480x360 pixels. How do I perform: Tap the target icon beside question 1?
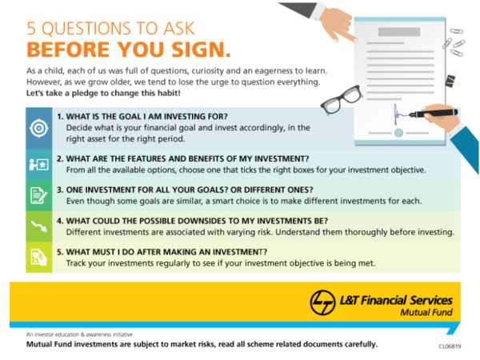coord(38,128)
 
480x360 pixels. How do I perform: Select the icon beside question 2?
coord(38,164)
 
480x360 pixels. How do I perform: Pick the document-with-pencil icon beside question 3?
coord(38,194)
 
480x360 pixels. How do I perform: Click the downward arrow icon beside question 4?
coord(38,226)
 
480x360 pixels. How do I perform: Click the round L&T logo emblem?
coord(322,302)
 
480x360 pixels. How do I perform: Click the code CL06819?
coord(450,347)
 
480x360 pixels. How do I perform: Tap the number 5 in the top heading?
coord(31,26)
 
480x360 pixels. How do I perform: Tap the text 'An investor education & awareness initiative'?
coord(79,334)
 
